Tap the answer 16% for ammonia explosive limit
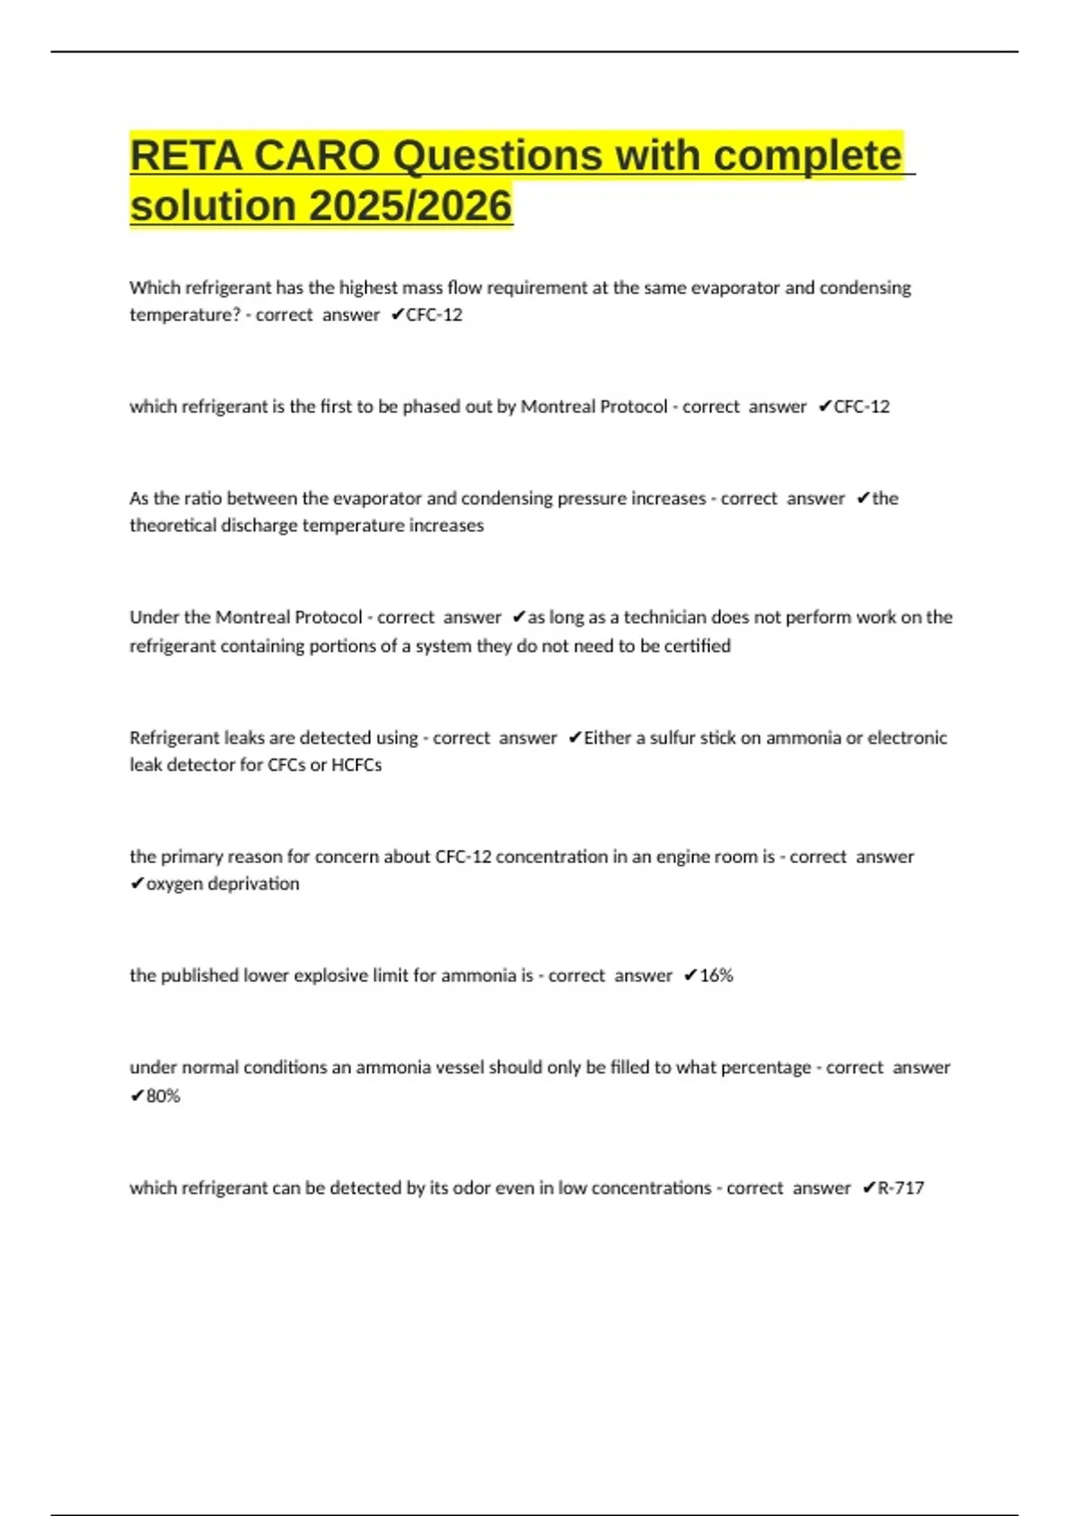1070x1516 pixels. coord(716,976)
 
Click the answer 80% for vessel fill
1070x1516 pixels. coord(163,1096)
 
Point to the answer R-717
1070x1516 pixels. coord(901,1188)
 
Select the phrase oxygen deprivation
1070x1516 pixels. coord(223,884)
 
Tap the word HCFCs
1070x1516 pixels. coord(357,765)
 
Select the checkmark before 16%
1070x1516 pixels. coord(690,976)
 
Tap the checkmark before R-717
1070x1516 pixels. coord(868,1188)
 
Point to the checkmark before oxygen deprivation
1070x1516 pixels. coord(137,884)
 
